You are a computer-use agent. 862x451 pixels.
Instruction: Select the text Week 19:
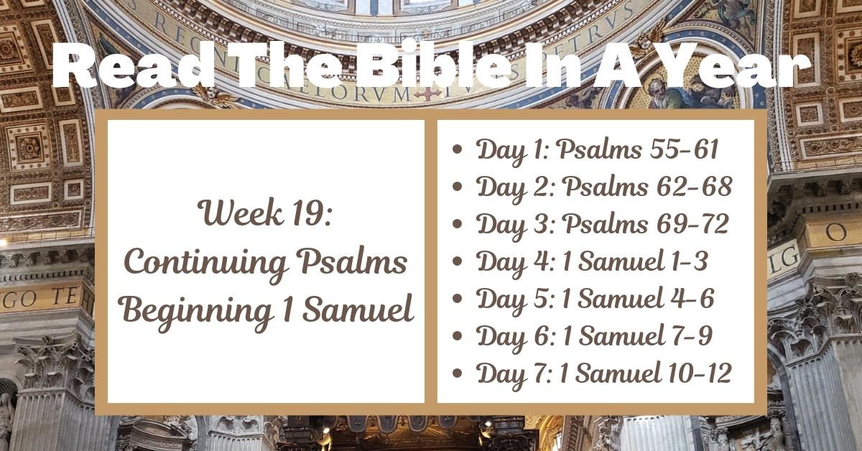(x=266, y=213)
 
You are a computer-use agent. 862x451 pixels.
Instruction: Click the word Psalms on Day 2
(x=604, y=187)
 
